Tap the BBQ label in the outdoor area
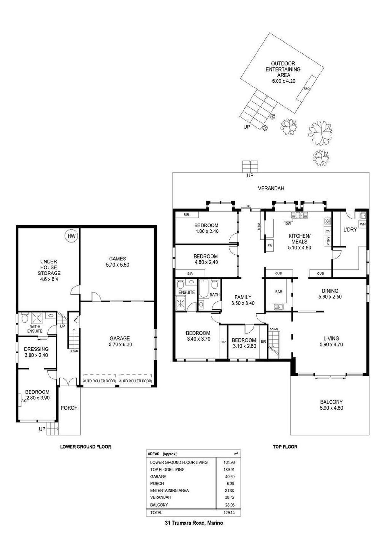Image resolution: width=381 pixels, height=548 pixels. point(306,89)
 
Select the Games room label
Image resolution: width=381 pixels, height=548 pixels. point(117,259)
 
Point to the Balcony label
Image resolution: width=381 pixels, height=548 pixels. point(331,402)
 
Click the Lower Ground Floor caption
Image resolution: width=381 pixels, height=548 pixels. point(86,447)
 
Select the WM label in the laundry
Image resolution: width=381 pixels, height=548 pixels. point(363,224)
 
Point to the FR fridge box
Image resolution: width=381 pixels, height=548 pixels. point(270,245)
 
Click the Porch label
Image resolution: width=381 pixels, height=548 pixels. point(69,408)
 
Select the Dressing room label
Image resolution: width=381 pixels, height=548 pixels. point(36,349)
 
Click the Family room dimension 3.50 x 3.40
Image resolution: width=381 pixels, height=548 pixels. point(243,303)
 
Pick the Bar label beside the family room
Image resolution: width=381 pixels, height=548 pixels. point(279,292)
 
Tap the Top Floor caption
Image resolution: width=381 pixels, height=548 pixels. point(285,447)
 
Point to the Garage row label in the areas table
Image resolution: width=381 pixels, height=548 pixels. point(158,476)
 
